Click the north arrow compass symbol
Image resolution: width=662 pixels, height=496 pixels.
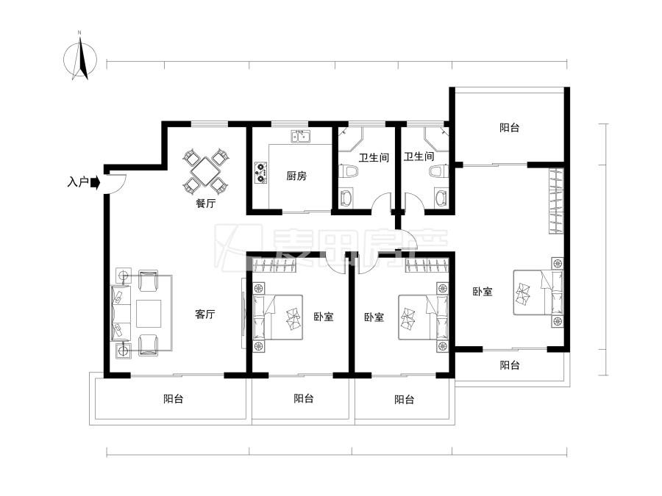coord(80,58)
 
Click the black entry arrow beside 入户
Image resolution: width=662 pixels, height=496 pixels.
coord(96,183)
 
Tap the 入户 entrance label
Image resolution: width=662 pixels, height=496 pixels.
coord(78,183)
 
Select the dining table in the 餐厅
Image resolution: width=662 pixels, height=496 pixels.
coord(204,171)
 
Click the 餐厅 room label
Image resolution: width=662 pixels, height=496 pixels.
coord(206,204)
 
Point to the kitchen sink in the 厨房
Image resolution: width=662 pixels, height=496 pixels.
coord(301,137)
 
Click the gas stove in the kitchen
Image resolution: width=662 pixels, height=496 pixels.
coord(261,173)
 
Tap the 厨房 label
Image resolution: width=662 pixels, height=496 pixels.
coord(296,176)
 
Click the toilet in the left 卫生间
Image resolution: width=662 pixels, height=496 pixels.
coord(348,171)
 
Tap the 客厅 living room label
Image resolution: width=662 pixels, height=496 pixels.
coord(205,314)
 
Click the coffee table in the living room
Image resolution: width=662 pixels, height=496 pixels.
coord(149,313)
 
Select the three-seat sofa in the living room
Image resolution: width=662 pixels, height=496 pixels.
coord(121,312)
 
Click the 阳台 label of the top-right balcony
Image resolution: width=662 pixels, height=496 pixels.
coord(509,127)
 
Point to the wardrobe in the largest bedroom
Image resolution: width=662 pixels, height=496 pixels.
coord(557,201)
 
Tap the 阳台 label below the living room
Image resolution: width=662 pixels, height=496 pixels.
coord(174,398)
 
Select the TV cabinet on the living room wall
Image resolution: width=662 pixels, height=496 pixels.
coord(243,313)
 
